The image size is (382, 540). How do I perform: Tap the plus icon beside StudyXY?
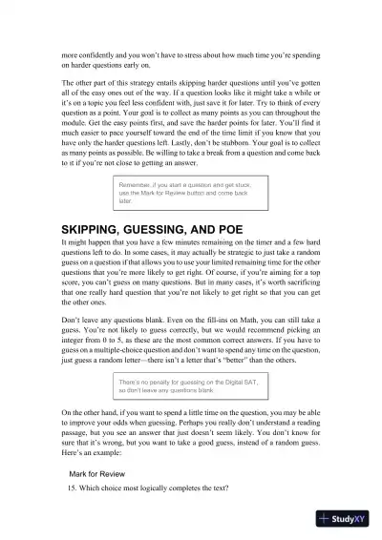tap(326, 519)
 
